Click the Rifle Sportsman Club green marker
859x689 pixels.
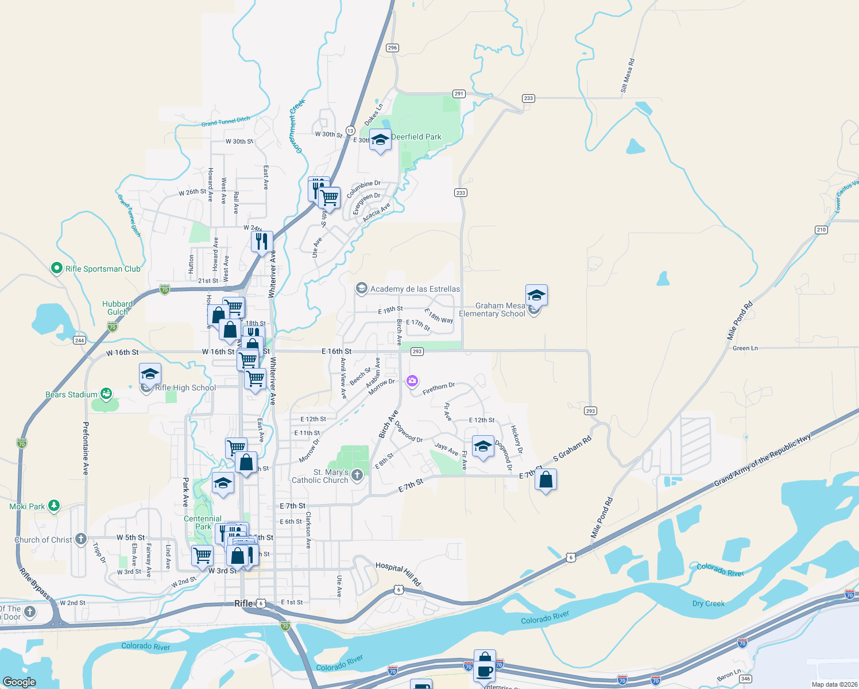click(x=56, y=268)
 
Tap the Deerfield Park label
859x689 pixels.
click(x=416, y=137)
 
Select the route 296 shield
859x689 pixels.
click(x=392, y=48)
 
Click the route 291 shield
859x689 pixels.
click(x=458, y=94)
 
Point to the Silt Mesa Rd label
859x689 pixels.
click(x=627, y=75)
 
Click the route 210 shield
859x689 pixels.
click(x=821, y=230)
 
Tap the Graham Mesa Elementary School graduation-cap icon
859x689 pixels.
click(x=536, y=296)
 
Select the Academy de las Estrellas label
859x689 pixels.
click(x=415, y=289)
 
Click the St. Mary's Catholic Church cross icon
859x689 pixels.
click(x=357, y=475)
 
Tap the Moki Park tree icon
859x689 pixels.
click(x=54, y=506)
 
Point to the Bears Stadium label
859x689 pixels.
click(x=71, y=394)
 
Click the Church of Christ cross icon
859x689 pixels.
click(x=81, y=539)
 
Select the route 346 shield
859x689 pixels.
click(x=746, y=679)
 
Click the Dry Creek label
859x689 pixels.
click(x=708, y=603)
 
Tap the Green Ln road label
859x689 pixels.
click(x=745, y=348)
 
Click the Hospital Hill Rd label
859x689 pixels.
click(x=398, y=574)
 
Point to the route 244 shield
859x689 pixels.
click(x=79, y=340)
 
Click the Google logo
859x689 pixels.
click(x=20, y=682)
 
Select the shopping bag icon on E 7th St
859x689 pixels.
click(x=545, y=479)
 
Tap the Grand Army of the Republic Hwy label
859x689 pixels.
click(x=762, y=460)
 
